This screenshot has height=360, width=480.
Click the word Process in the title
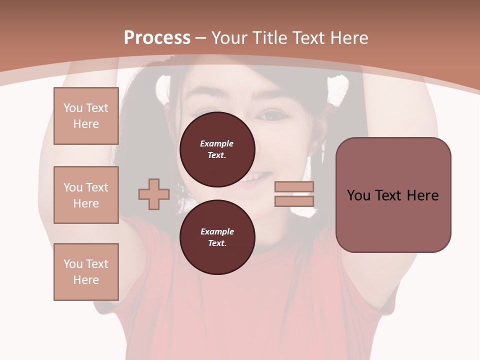coord(157,38)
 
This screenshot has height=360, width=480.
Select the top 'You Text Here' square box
coord(86,116)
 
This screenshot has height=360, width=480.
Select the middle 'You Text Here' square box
coord(86,195)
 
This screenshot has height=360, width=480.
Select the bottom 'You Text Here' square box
coord(86,272)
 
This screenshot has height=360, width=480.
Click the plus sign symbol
coord(154,194)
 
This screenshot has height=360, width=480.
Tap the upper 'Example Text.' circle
coord(217,149)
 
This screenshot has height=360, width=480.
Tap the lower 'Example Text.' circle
coord(217,237)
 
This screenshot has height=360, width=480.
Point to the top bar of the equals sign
coord(294,187)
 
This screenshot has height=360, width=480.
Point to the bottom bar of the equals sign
coord(294,201)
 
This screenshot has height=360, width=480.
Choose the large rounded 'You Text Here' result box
coord(393,195)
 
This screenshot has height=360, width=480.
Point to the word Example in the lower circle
coord(217,231)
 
